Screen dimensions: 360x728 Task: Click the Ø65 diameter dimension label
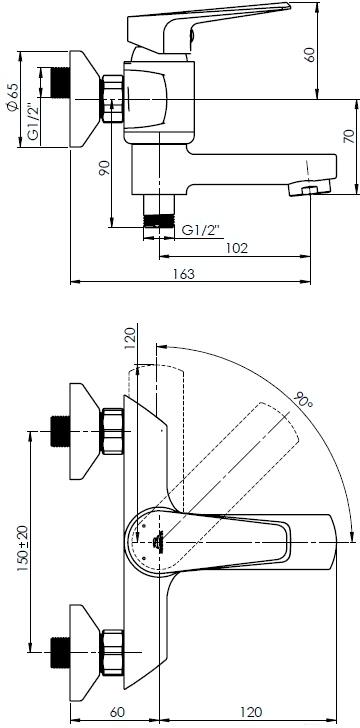point(13,97)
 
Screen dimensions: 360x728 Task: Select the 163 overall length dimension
point(185,274)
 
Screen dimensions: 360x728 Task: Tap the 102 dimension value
point(237,248)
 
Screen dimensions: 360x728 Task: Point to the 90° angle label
point(303,399)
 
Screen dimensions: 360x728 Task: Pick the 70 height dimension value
point(349,136)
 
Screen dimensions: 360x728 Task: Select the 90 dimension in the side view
point(105,168)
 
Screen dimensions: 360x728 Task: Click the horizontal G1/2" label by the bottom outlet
point(200,230)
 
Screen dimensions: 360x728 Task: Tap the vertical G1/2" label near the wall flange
point(33,121)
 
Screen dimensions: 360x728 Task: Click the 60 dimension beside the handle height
point(310,54)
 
